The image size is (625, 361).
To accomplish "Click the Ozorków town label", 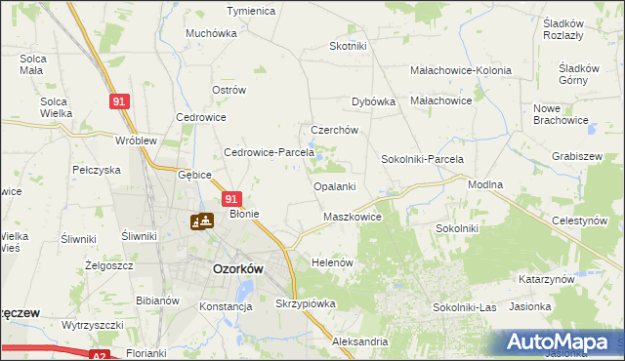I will [235, 268].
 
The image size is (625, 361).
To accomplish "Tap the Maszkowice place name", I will [352, 217].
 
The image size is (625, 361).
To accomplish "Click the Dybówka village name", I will [372, 101].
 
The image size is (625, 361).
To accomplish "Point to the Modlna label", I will [485, 184].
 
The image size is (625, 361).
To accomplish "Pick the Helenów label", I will [331, 263].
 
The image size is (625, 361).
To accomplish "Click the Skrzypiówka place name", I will [306, 303].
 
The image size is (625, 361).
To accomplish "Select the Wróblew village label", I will [136, 140].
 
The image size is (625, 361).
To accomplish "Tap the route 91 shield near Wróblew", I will [117, 101].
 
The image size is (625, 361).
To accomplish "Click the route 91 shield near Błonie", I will [232, 196].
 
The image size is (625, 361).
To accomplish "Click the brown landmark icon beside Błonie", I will [203, 221].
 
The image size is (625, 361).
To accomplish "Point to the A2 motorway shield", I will [101, 357].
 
